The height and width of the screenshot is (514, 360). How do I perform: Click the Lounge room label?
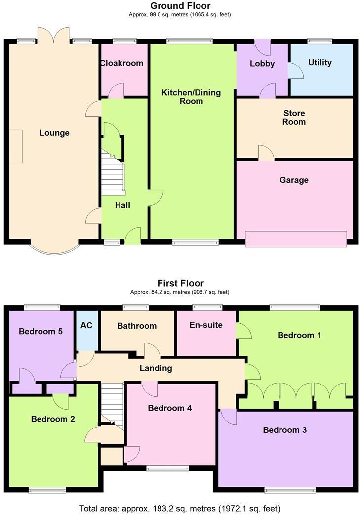tap(54, 133)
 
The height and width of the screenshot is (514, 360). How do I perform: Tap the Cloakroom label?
tap(121, 63)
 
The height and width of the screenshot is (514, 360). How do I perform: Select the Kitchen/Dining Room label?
tap(192, 97)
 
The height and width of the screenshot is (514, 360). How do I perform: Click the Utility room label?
tap(320, 63)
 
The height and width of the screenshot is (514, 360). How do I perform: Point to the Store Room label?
tap(294, 117)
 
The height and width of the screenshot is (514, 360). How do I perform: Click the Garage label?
tap(294, 180)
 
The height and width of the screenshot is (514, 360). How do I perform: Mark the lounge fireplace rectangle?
tap(15, 146)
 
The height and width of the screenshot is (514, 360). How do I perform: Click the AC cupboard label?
tap(87, 326)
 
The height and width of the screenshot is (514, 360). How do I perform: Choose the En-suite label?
tap(206, 325)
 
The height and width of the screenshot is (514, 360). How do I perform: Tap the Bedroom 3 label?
tap(284, 430)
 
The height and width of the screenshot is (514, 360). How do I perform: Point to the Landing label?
tap(156, 368)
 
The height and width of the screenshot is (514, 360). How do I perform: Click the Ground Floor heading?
tap(180, 6)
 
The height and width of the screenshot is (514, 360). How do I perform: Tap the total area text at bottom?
tap(180, 508)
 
